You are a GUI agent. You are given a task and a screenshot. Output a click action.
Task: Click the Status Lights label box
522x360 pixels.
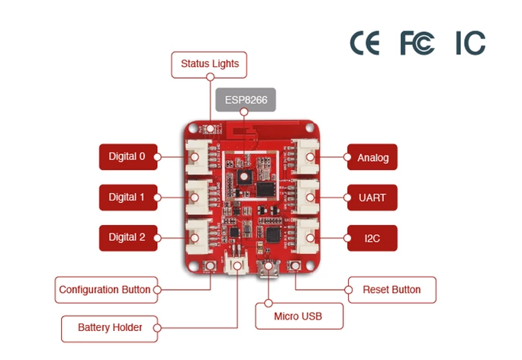[209, 64]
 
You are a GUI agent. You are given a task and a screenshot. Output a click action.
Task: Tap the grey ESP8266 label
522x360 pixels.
[245, 100]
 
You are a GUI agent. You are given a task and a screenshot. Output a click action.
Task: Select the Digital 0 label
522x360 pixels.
[127, 156]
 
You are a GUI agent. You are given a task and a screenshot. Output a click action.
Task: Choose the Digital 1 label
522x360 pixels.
[127, 197]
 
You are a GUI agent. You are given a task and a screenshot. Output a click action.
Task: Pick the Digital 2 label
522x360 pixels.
[127, 237]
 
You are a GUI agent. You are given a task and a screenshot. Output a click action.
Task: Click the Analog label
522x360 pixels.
[372, 158]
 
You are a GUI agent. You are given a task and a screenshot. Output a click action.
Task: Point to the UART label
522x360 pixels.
[372, 198]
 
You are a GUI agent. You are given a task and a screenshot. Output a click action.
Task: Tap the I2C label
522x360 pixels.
[372, 238]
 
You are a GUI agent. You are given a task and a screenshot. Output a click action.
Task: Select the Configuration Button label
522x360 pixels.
[105, 290]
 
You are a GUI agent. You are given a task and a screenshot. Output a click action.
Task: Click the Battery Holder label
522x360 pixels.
[110, 328]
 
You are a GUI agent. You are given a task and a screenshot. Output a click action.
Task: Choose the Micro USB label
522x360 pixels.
[298, 315]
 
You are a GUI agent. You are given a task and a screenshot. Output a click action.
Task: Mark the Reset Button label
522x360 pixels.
[391, 290]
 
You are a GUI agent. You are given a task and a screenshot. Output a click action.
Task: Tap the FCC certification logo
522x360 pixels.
[417, 43]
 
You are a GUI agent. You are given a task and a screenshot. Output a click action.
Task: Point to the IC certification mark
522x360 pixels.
[470, 43]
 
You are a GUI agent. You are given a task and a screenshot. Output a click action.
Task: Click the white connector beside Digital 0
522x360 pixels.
[197, 157]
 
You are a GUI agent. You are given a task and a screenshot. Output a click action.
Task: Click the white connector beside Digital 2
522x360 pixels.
[197, 236]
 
